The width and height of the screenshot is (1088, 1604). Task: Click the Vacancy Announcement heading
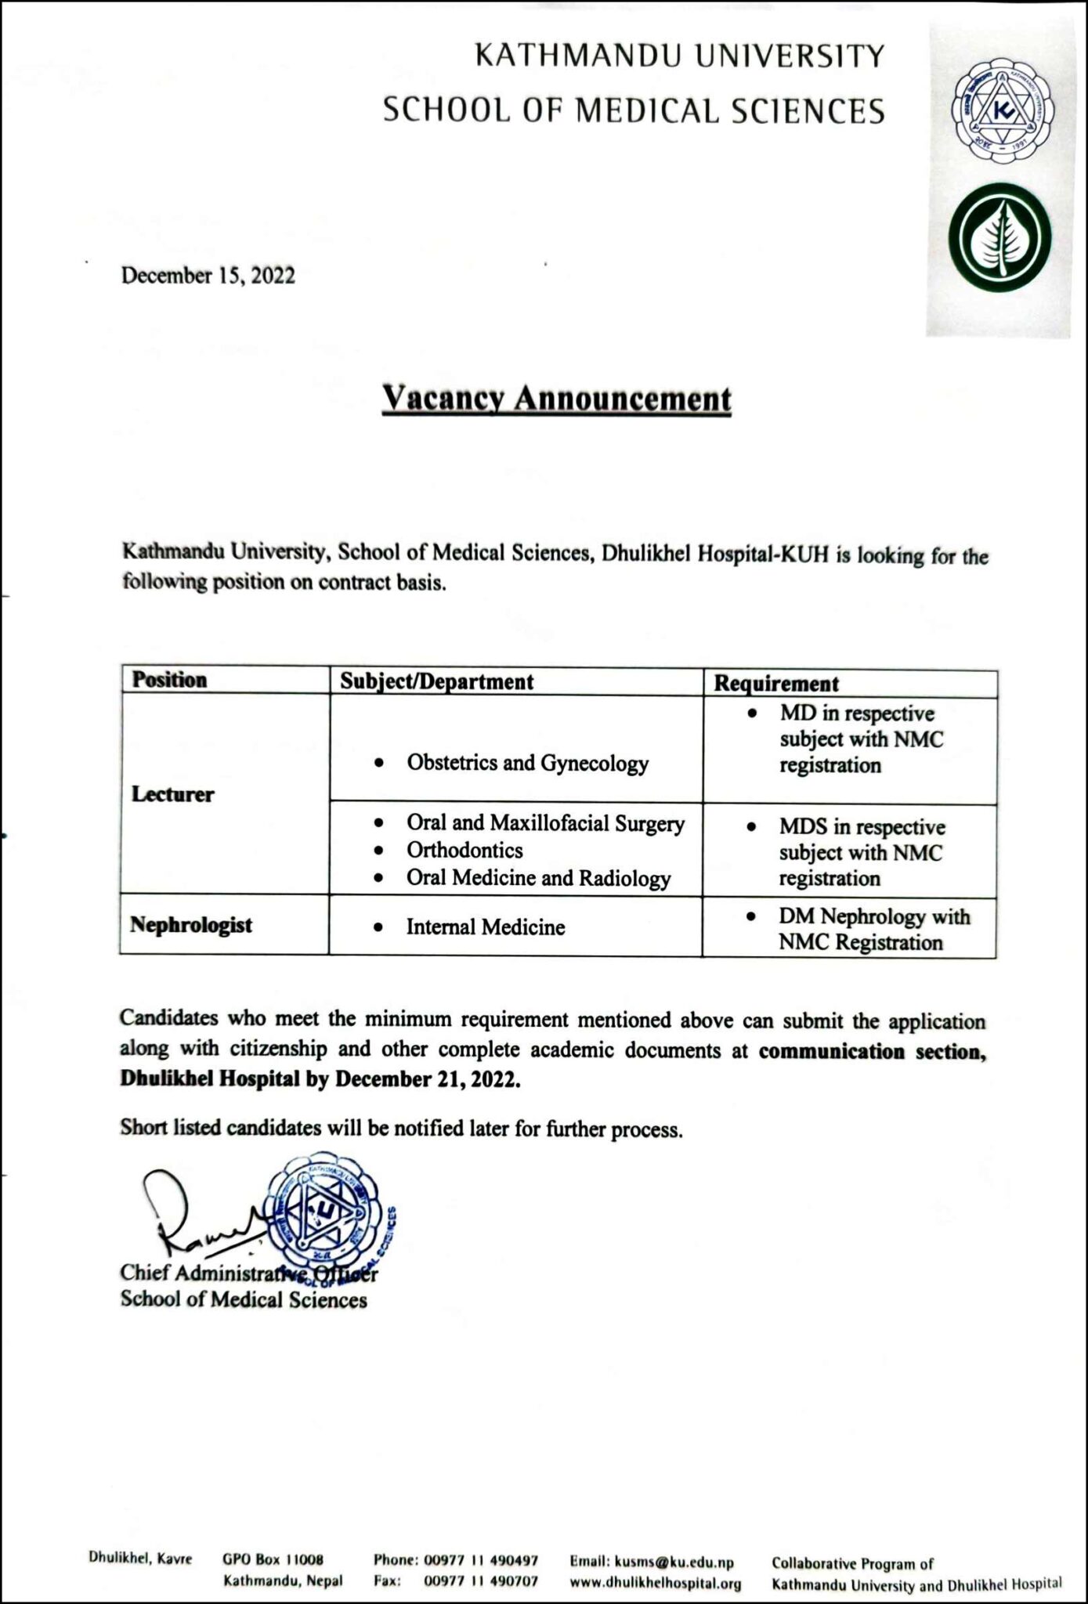(556, 399)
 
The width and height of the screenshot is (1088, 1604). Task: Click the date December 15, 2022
(208, 276)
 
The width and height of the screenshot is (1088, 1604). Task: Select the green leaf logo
(1000, 238)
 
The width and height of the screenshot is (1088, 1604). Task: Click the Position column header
(169, 679)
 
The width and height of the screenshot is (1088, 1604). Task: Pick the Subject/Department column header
(436, 681)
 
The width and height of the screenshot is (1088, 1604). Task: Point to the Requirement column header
(775, 683)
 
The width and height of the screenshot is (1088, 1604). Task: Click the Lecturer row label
(172, 794)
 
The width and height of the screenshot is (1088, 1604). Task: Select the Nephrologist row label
(191, 925)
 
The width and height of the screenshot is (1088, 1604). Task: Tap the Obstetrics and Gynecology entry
(527, 763)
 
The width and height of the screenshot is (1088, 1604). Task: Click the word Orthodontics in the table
(464, 850)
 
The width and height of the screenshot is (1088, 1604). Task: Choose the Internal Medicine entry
(485, 927)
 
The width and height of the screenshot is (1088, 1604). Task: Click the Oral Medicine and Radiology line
(538, 878)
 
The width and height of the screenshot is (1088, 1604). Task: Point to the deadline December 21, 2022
(428, 1079)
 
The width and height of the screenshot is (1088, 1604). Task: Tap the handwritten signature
(196, 1213)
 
